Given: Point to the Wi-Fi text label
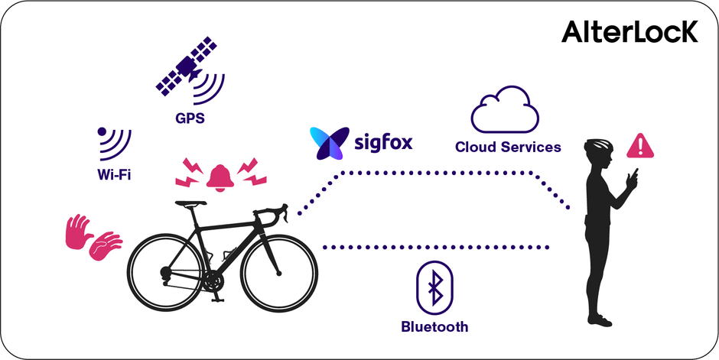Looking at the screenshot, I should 114,174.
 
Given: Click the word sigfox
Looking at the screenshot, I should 384,141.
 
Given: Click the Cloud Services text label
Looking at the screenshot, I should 508,147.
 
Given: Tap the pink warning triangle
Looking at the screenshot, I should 640,145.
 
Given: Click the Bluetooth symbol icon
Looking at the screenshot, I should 434,290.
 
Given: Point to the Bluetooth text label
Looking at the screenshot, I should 434,327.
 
